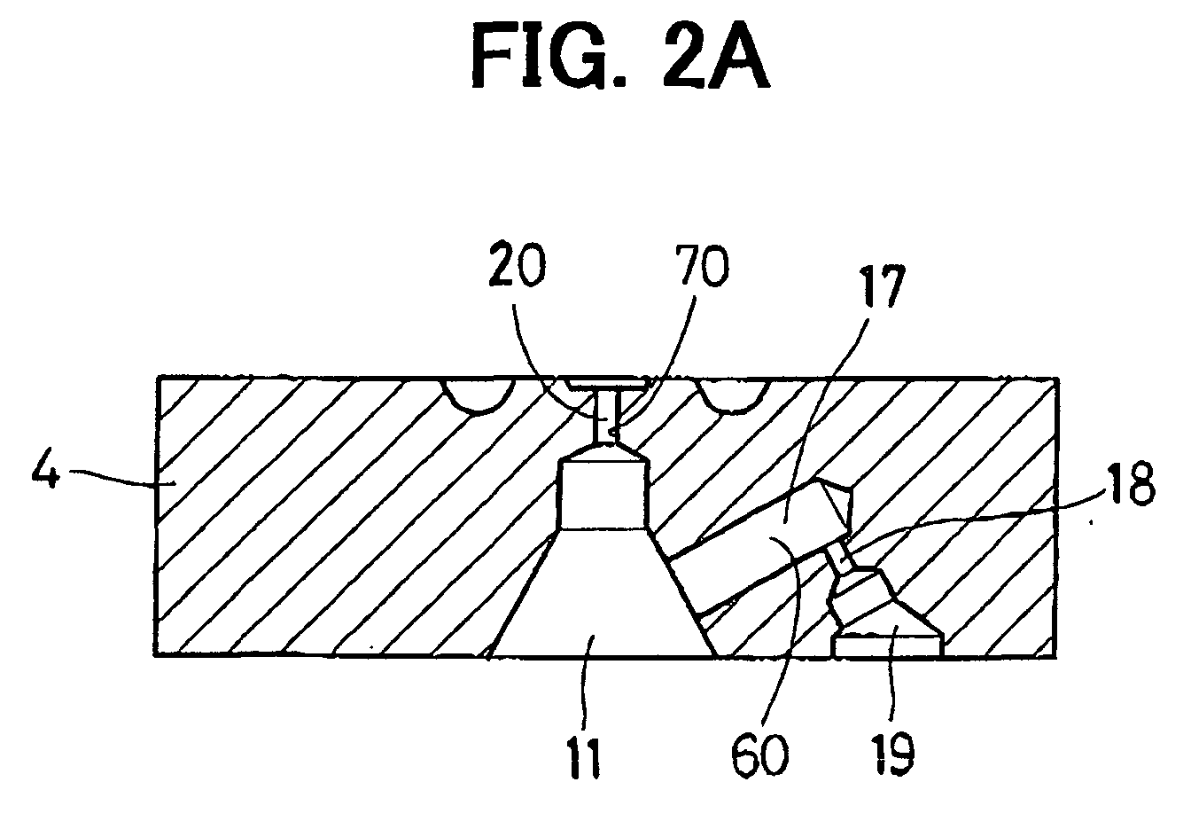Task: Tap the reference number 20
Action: pyautogui.click(x=517, y=265)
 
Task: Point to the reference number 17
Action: pyautogui.click(x=881, y=288)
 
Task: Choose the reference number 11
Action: pyautogui.click(x=585, y=759)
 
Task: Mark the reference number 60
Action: pyautogui.click(x=759, y=756)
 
